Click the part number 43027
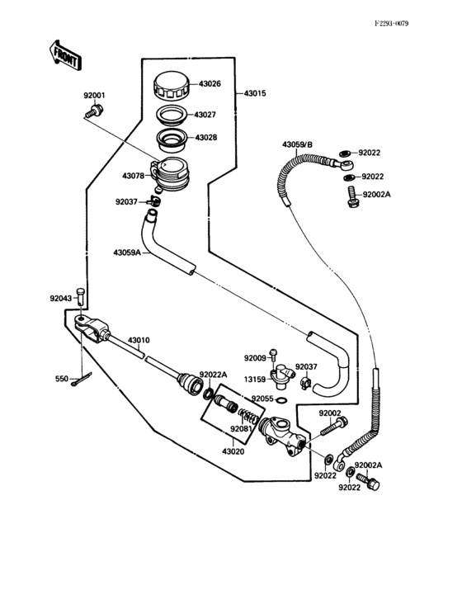click(x=207, y=115)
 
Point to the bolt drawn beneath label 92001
click(x=95, y=110)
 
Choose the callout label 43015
click(x=255, y=95)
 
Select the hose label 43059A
click(x=129, y=253)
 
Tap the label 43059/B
click(x=298, y=145)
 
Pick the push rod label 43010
click(x=139, y=340)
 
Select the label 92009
click(x=255, y=357)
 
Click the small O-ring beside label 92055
click(x=282, y=401)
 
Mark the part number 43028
click(x=207, y=138)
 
